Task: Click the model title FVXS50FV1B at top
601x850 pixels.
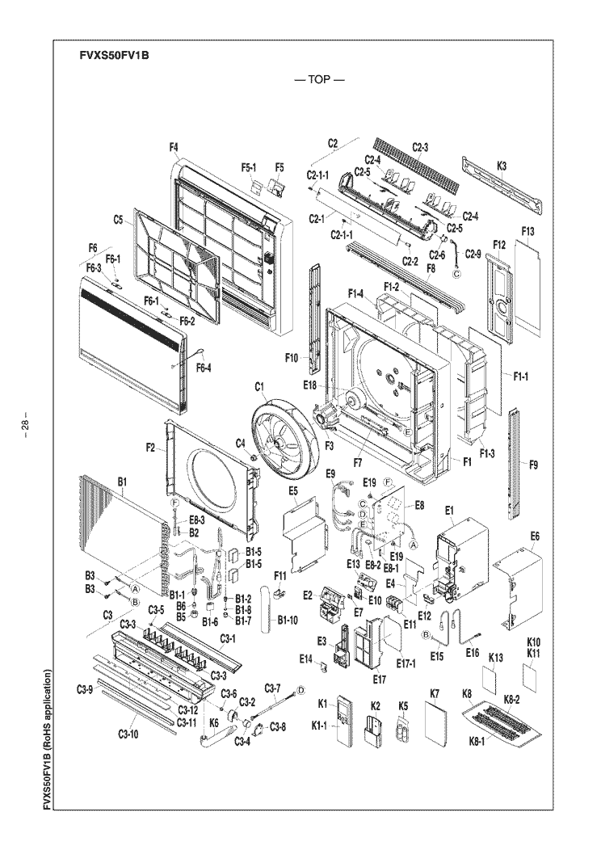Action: (x=114, y=56)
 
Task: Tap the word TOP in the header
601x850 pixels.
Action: (x=319, y=80)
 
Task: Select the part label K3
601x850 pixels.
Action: (x=502, y=166)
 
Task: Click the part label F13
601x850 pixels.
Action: (x=527, y=231)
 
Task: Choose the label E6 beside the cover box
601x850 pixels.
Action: (x=535, y=537)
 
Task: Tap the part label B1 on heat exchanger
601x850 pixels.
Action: (x=123, y=482)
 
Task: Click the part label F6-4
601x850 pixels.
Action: (x=204, y=368)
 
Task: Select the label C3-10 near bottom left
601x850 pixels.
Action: (x=128, y=734)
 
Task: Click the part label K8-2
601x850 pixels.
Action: (x=511, y=700)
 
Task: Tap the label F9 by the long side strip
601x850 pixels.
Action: (x=533, y=465)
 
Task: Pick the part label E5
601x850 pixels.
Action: (x=293, y=491)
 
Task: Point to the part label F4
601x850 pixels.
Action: (x=174, y=146)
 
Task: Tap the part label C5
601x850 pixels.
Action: (x=119, y=220)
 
